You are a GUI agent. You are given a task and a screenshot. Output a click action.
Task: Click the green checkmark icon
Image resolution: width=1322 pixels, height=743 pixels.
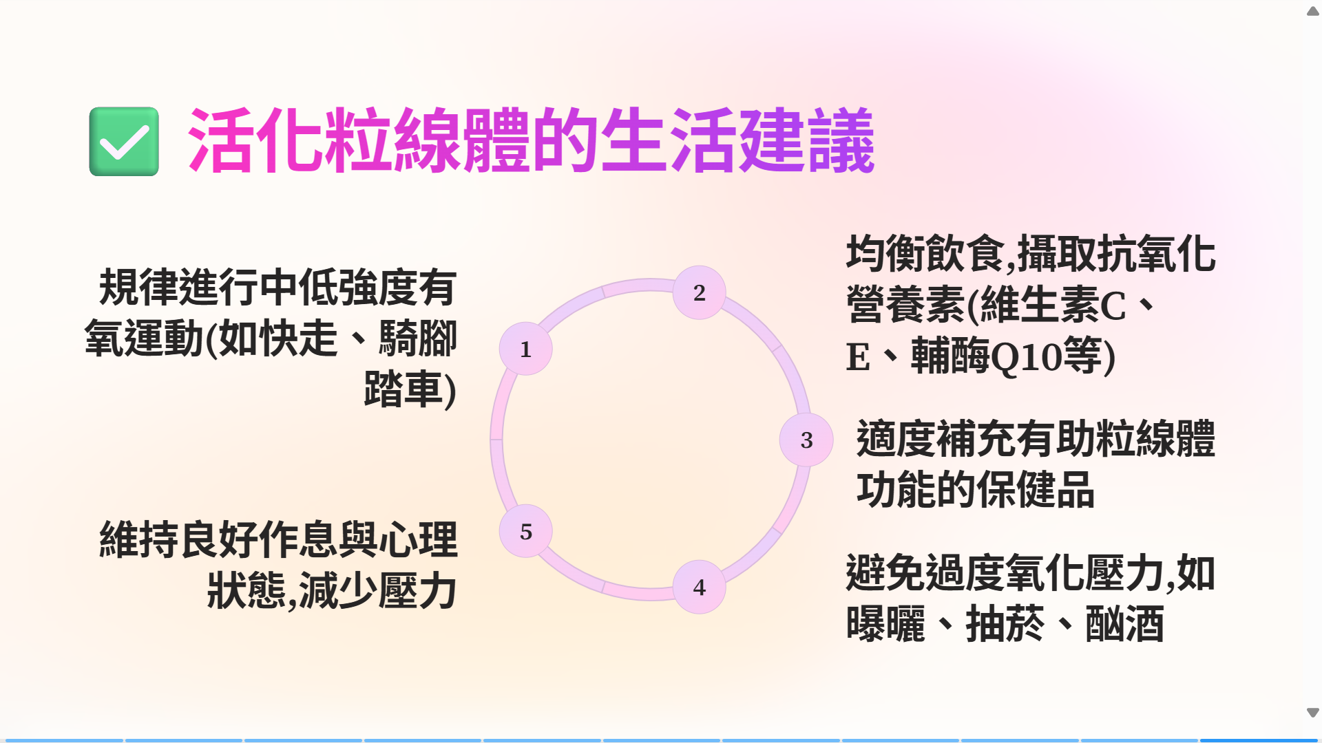[x=124, y=141]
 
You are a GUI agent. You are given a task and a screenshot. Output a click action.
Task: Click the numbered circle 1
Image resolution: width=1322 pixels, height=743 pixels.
[x=525, y=349]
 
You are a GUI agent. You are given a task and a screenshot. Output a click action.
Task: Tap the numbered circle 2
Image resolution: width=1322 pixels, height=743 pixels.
[x=699, y=292]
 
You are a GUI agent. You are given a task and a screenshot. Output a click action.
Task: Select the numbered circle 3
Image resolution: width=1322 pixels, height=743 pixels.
[x=806, y=440]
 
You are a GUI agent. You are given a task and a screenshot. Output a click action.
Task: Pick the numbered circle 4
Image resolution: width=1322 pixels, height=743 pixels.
[x=699, y=587]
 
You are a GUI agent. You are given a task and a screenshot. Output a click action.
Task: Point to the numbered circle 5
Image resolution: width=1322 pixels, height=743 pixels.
[x=525, y=531]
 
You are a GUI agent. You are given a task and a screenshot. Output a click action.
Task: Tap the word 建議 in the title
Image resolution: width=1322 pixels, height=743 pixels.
[x=806, y=140]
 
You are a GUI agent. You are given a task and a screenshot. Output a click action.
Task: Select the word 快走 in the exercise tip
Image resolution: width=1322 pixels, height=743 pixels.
[x=298, y=338]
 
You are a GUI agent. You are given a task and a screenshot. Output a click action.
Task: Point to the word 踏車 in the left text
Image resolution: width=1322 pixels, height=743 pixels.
[x=403, y=389]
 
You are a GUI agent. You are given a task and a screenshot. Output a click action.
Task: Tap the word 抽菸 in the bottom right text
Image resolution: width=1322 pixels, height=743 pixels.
[x=1005, y=624]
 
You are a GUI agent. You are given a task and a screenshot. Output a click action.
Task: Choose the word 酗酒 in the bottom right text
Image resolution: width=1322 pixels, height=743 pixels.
[x=1124, y=624]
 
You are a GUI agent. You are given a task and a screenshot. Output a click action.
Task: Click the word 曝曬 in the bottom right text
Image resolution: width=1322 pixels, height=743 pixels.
[x=885, y=624]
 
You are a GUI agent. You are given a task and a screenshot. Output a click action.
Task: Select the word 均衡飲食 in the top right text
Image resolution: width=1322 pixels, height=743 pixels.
[x=925, y=254]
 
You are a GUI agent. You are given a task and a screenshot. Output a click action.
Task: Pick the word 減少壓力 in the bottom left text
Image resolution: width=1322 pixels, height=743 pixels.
[x=378, y=591]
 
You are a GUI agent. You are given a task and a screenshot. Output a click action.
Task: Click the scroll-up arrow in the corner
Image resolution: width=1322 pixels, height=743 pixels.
[x=1313, y=11]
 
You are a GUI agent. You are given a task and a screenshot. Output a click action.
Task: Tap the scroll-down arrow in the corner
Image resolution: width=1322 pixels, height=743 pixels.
[x=1313, y=713]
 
